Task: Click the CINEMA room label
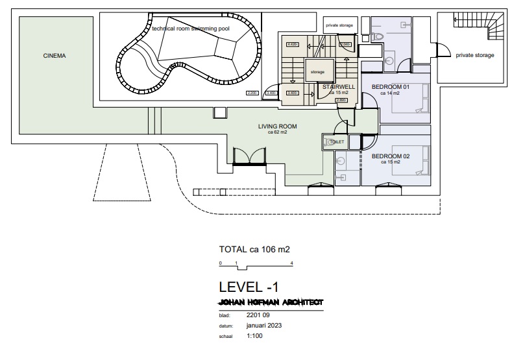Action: coord(55,56)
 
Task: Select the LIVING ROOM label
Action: coord(277,126)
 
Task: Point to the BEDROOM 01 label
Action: coord(390,87)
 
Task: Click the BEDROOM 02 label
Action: coord(391,156)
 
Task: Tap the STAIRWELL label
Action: coord(337,87)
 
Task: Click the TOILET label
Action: coord(337,141)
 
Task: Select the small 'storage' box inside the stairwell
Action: coord(317,72)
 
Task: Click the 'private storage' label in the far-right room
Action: coord(474,56)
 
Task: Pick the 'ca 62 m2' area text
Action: coord(277,132)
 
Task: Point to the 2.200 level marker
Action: coord(252,93)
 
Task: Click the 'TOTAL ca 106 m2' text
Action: coord(254,249)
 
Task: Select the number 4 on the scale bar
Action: coord(292,263)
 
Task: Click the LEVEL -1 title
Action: coord(250,287)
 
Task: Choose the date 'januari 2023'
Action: coord(265,326)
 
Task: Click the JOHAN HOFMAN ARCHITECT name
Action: coord(271,302)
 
